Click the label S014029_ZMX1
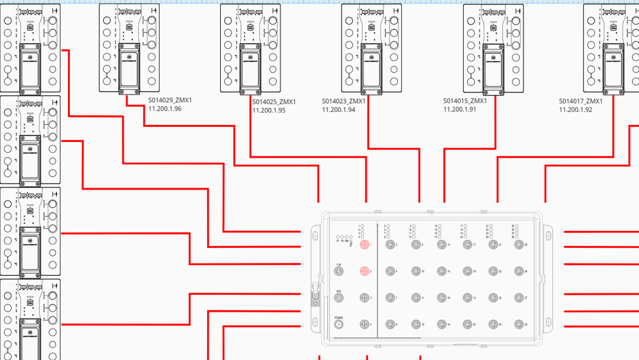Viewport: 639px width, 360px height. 170,101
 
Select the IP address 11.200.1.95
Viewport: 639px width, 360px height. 269,110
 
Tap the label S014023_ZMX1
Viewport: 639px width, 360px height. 343,101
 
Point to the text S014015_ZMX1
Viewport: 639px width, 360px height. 465,101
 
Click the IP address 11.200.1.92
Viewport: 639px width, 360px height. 575,109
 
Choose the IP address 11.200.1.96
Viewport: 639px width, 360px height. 165,109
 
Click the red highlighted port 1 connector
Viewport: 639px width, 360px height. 364,244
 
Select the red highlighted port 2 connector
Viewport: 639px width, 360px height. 364,272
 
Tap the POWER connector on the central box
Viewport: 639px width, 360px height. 339,325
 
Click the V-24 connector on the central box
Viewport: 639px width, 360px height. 339,272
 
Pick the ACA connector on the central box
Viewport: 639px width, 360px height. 339,298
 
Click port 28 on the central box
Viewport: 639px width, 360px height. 518,325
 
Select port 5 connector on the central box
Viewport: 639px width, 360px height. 390,244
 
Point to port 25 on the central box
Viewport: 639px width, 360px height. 518,244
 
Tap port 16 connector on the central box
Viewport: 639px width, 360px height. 441,325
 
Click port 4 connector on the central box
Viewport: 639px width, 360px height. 364,325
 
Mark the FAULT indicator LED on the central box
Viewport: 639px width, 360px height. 352,236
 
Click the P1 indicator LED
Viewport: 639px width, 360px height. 337,236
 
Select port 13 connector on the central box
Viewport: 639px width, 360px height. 441,244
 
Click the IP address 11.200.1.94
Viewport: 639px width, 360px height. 338,109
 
